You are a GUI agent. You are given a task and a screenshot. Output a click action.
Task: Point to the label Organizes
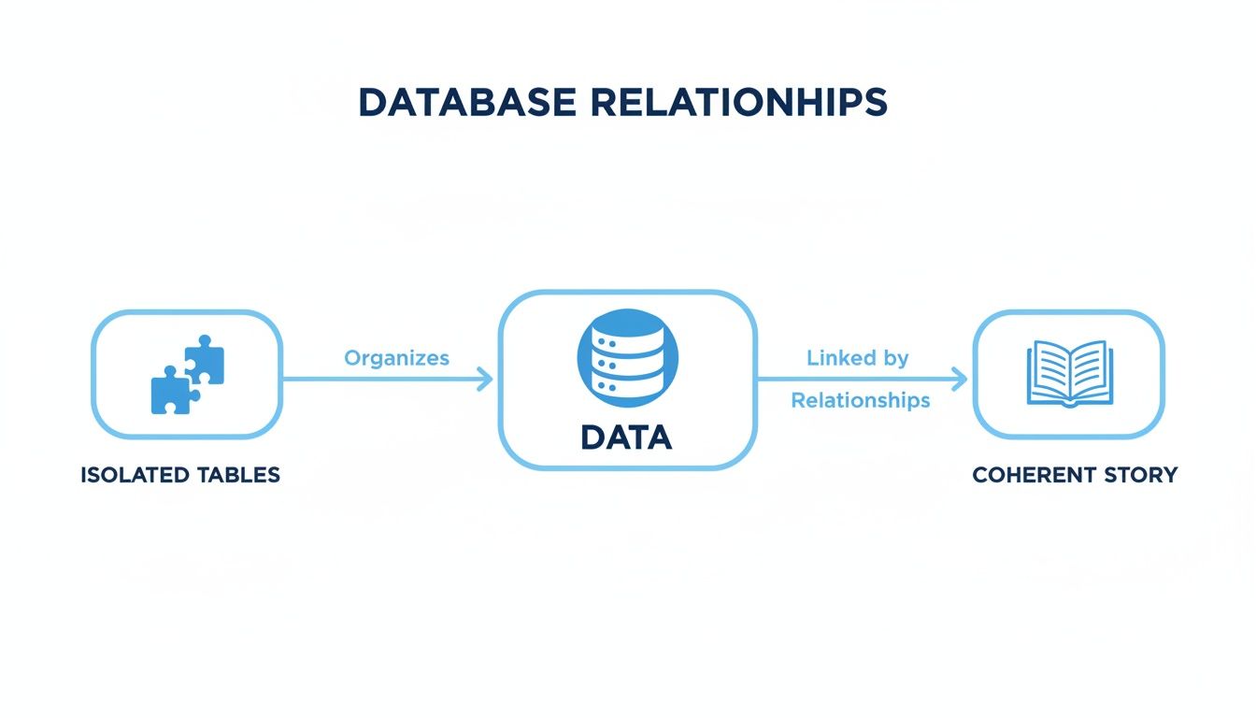pyautogui.click(x=396, y=358)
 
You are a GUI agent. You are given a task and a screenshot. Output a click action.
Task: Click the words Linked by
pyautogui.click(x=857, y=358)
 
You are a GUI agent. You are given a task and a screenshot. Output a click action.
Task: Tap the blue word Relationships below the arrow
pyautogui.click(x=860, y=400)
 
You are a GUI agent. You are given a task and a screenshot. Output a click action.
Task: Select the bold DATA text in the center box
pyautogui.click(x=626, y=437)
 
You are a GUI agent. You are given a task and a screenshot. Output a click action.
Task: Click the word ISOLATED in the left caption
pyautogui.click(x=133, y=475)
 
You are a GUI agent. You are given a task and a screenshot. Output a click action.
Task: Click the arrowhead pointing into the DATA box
pyautogui.click(x=486, y=379)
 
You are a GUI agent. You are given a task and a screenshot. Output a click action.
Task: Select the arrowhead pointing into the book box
pyautogui.click(x=960, y=379)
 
